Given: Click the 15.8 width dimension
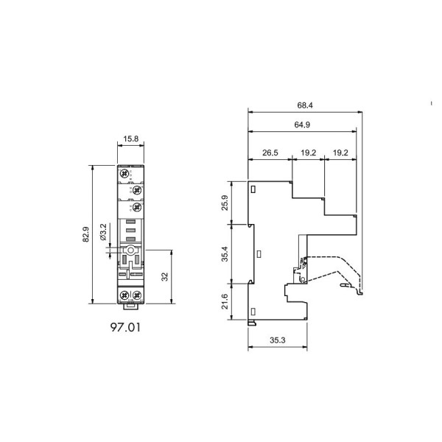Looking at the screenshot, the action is click(131, 138).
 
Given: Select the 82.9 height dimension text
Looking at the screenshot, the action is click(85, 234).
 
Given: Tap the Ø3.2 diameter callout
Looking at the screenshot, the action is click(103, 232).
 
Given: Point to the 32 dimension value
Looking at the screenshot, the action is click(164, 276).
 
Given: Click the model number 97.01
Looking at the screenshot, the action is click(125, 327).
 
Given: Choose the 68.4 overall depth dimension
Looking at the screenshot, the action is click(305, 105).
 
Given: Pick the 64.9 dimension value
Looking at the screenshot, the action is click(302, 124).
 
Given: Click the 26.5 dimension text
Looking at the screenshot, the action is click(270, 152).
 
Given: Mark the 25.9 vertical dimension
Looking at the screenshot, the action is click(225, 203).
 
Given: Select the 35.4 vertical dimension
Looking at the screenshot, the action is click(225, 254).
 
